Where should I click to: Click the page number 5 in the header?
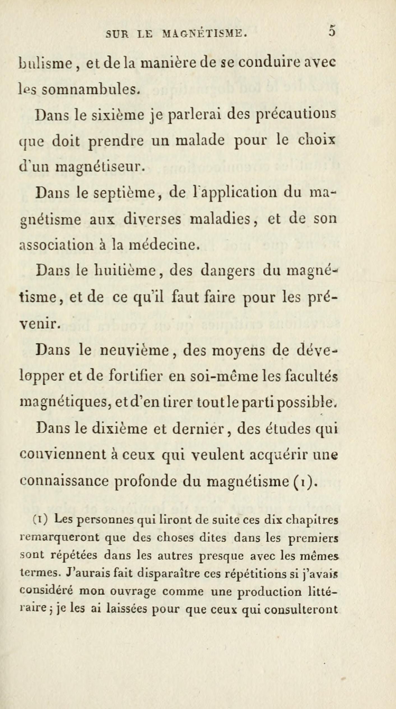(332, 31)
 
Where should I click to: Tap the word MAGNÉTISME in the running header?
(205, 34)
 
